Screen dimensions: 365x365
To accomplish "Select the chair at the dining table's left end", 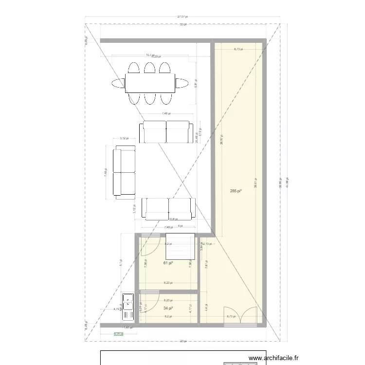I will click(x=118, y=83).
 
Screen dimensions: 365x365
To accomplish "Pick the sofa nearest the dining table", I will click(x=165, y=132).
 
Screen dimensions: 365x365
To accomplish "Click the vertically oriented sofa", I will click(x=124, y=174).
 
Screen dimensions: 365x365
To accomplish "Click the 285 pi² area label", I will click(x=236, y=192).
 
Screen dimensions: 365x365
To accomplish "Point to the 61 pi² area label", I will click(x=168, y=263).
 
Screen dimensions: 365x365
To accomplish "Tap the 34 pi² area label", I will click(x=168, y=308).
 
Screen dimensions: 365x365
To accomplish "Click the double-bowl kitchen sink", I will click(x=128, y=306).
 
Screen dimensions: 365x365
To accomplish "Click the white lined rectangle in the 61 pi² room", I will click(x=180, y=246).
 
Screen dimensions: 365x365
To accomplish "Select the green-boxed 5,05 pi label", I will click(x=118, y=334).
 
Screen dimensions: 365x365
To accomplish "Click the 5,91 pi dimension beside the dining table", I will click(x=196, y=84).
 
